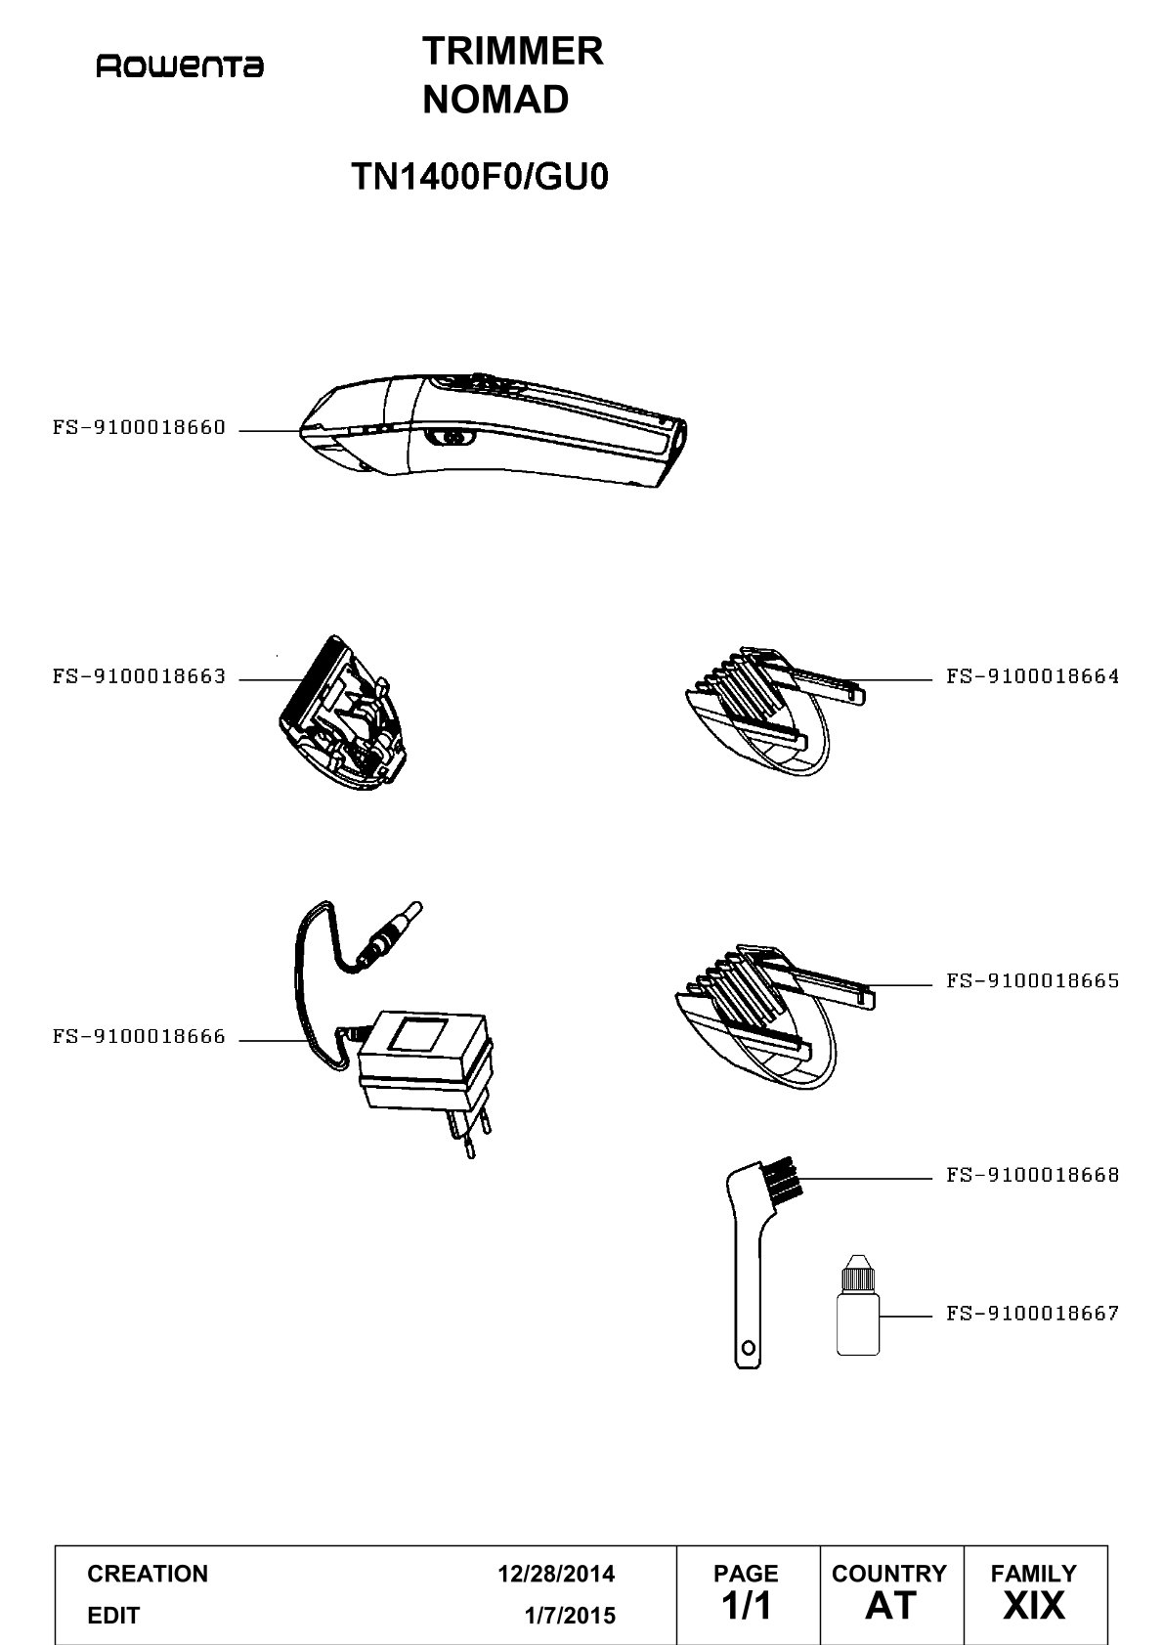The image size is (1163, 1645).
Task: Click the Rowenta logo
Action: click(x=180, y=66)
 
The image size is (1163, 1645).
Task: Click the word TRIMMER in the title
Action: click(x=512, y=52)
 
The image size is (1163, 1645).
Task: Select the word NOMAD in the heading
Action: click(x=495, y=99)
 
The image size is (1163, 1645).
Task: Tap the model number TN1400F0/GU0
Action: click(x=480, y=177)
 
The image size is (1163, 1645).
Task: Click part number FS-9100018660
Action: click(x=139, y=427)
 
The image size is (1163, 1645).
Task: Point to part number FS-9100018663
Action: click(x=139, y=676)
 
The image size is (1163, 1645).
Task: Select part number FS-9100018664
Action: click(x=1032, y=676)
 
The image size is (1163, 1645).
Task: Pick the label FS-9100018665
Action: click(x=1032, y=981)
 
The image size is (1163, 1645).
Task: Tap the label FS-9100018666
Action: click(x=139, y=1037)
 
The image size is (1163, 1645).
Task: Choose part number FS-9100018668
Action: click(x=1032, y=1175)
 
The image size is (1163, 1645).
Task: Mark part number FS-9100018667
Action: click(x=1032, y=1313)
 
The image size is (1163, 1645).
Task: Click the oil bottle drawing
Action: click(x=857, y=1305)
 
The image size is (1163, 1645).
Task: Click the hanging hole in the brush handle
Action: click(x=749, y=1348)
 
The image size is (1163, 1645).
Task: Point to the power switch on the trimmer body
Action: click(x=450, y=438)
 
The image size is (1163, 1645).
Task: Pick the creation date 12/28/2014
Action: click(x=556, y=1574)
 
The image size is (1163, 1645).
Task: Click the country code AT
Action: click(x=890, y=1605)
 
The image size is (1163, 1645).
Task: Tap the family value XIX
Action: click(x=1034, y=1605)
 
